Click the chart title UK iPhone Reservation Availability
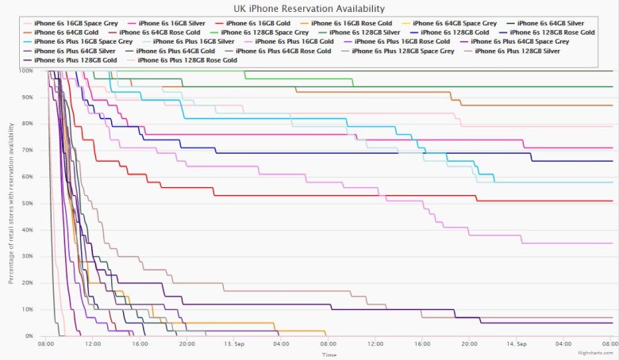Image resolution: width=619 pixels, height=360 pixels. (x=309, y=9)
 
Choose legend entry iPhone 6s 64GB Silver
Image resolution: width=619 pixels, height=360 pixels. (x=560, y=23)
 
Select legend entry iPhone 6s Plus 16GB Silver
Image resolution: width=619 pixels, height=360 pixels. (x=194, y=41)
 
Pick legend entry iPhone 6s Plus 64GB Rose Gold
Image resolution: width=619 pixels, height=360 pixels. (x=283, y=51)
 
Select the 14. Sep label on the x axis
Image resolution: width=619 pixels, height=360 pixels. (x=516, y=344)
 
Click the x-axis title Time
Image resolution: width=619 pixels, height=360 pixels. (x=329, y=354)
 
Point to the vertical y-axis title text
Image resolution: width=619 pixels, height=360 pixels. (x=11, y=204)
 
